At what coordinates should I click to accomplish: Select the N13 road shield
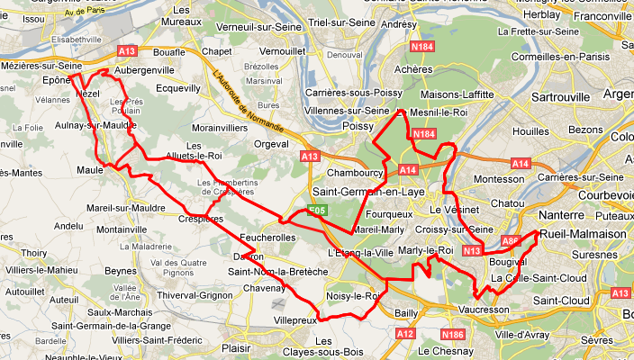[470, 251]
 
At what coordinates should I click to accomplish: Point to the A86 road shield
[511, 241]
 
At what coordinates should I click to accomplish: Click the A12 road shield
[405, 334]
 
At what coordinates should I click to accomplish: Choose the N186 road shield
[454, 334]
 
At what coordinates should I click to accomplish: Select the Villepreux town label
[295, 319]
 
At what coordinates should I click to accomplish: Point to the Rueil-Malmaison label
[584, 234]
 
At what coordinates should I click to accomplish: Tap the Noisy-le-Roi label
[354, 295]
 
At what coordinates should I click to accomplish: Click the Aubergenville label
[145, 69]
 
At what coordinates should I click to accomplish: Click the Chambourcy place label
[355, 172]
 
